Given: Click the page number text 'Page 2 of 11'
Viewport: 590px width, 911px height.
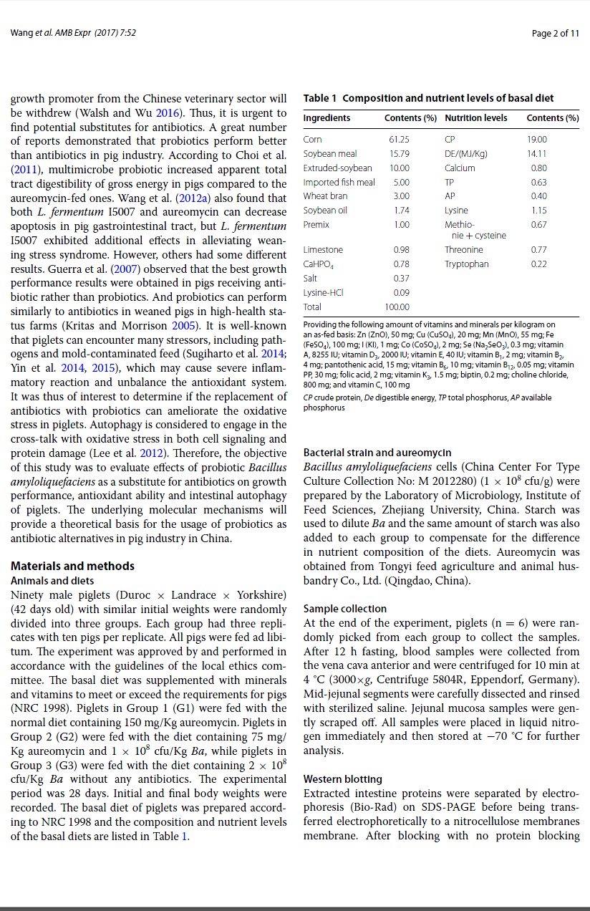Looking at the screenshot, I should click(556, 33).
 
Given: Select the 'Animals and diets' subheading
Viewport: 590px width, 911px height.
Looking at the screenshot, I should click(52, 581).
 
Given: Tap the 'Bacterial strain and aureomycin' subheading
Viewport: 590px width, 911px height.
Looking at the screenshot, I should click(377, 453).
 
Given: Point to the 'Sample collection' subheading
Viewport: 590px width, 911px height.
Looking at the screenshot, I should click(345, 609).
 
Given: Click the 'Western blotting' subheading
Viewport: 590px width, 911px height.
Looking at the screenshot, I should click(343, 779).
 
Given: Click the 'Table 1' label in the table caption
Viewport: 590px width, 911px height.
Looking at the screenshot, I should click(320, 98).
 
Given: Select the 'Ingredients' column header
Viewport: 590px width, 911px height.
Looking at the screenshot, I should click(327, 118).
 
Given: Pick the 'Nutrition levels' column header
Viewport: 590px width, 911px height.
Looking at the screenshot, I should click(476, 118).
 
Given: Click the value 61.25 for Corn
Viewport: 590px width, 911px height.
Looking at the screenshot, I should click(399, 140).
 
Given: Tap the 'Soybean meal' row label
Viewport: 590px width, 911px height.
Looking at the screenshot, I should click(330, 154).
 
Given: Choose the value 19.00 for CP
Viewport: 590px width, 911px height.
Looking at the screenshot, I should click(537, 140).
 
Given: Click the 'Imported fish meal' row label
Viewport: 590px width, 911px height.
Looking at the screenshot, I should click(339, 182).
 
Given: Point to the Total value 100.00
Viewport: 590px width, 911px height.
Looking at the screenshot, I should click(397, 307).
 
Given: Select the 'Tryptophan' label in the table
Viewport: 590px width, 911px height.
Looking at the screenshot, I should click(467, 264).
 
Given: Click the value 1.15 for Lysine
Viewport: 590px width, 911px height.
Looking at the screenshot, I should click(539, 211).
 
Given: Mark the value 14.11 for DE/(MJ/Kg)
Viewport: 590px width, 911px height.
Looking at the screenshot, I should click(537, 154).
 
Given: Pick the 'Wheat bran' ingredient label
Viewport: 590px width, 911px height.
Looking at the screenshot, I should click(326, 196).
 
